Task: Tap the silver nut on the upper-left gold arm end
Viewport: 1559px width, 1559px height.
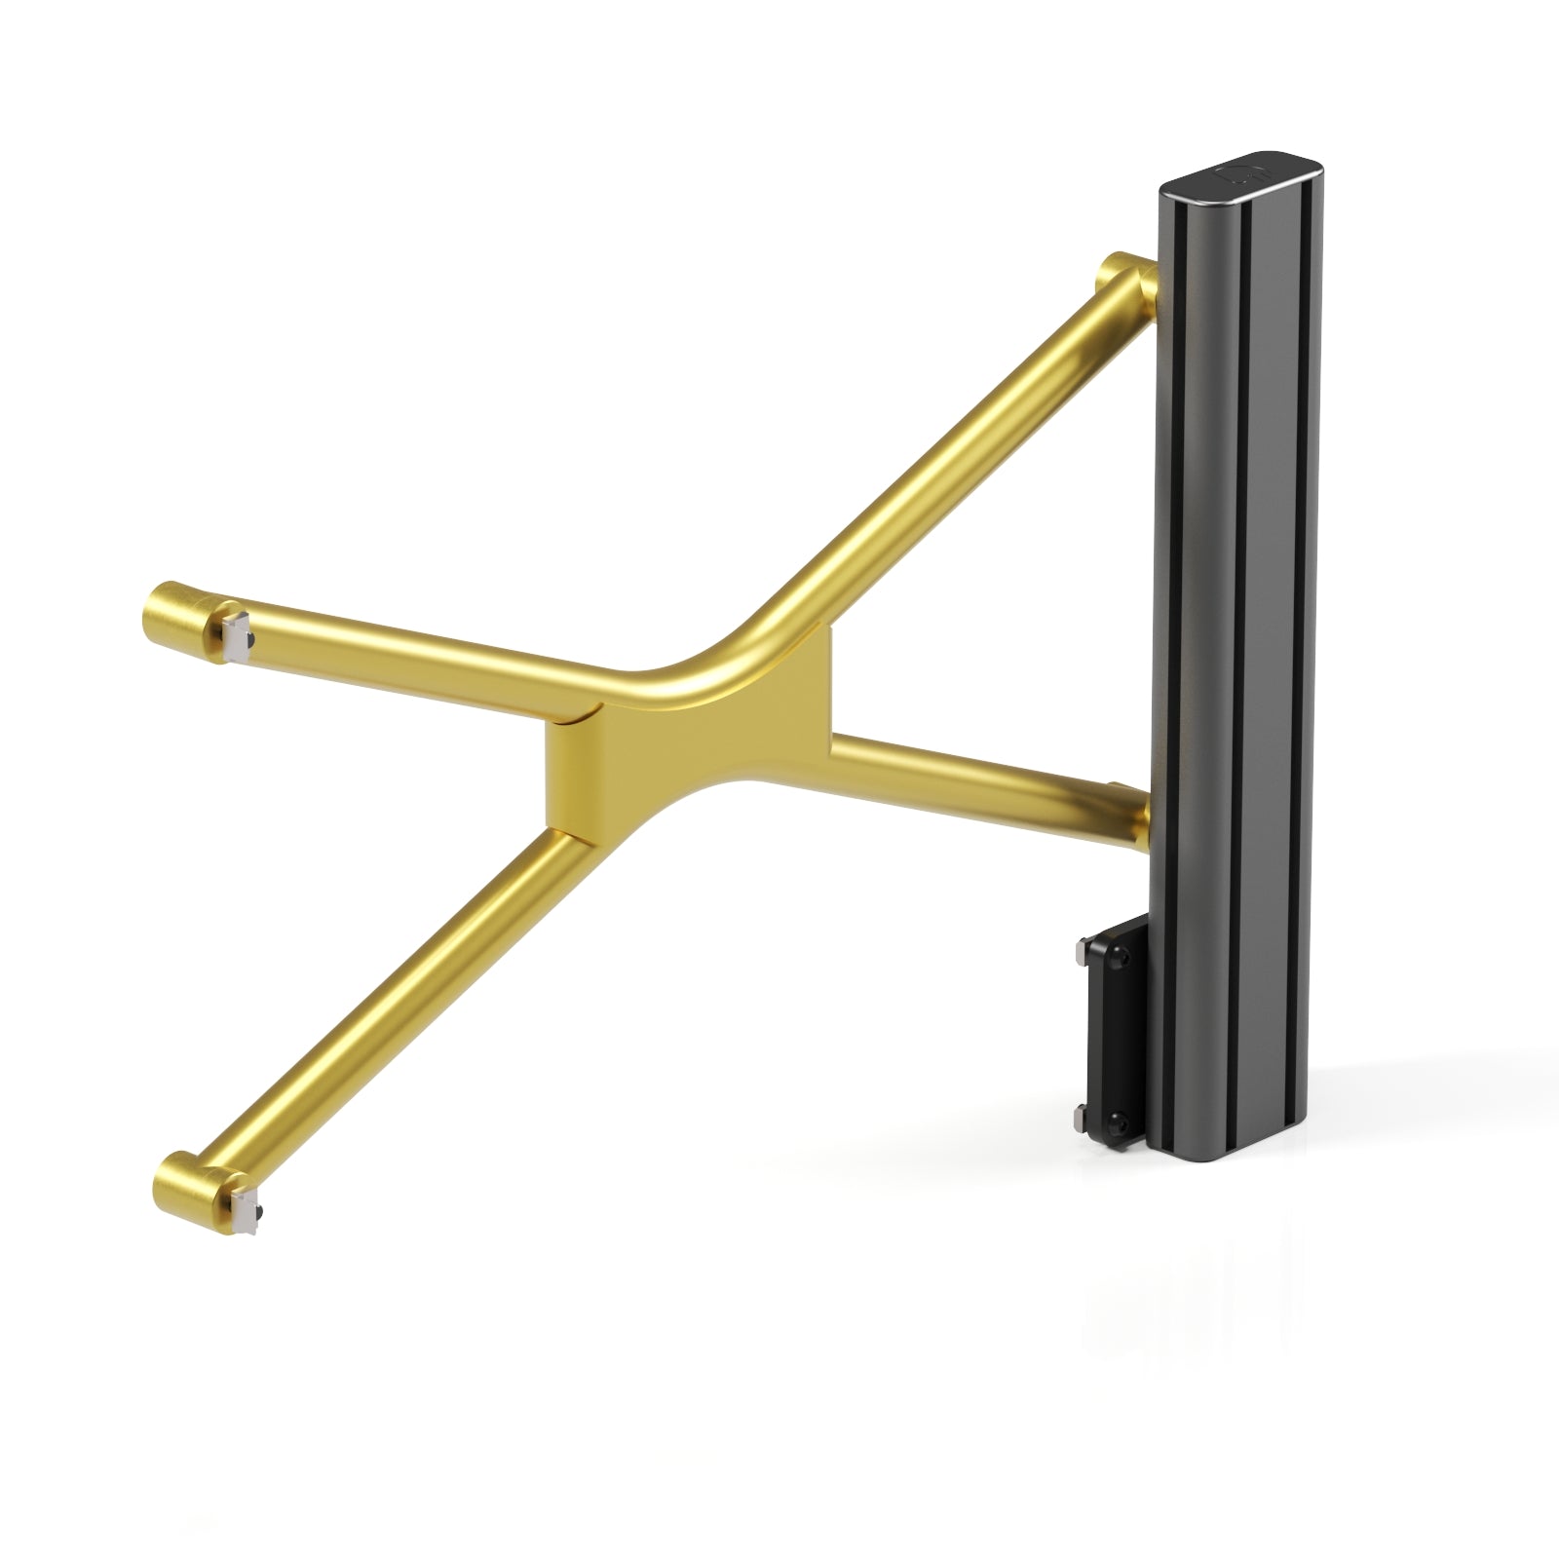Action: coord(238,638)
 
